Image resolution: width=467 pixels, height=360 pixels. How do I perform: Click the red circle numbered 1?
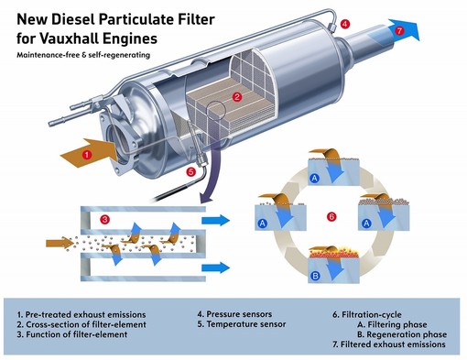86,155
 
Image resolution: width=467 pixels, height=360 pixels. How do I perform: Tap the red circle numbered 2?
237,96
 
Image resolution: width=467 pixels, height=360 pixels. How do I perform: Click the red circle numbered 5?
190,171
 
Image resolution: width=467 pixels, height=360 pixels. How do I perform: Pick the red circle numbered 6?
331,215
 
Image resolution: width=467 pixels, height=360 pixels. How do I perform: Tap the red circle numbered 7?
398,30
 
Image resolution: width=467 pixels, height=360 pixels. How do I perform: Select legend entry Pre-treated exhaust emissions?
81,314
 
